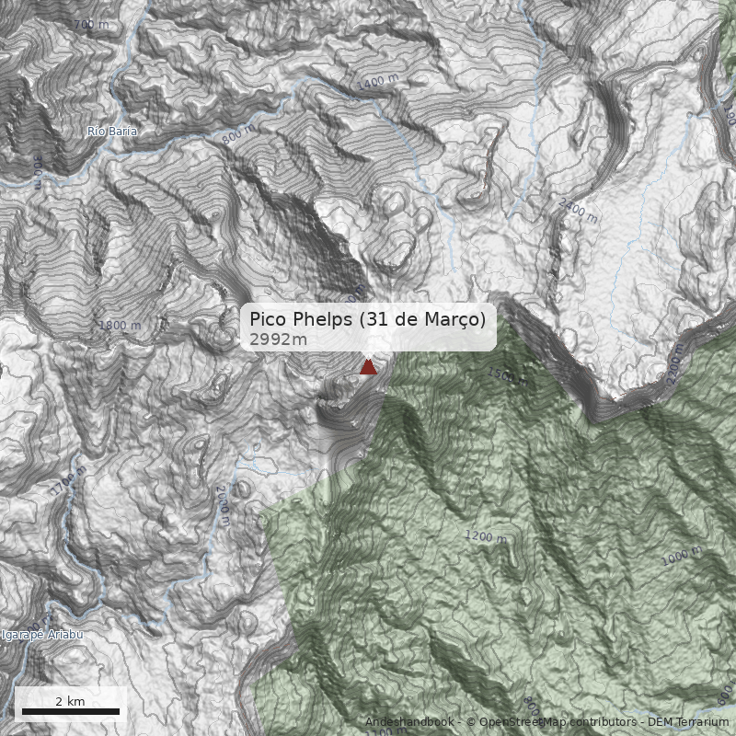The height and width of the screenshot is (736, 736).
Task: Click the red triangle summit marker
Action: (368, 367)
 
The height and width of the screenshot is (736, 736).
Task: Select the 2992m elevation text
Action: (278, 339)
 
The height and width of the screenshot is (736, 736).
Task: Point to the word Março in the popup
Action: (453, 319)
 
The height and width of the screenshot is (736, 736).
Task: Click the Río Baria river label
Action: (112, 132)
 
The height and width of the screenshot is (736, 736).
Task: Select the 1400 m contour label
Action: (379, 83)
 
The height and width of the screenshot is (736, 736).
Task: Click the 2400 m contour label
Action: (578, 210)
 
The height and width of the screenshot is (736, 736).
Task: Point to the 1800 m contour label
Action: (120, 325)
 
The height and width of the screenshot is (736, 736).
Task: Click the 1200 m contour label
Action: (485, 536)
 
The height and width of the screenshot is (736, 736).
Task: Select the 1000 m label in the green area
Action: (681, 555)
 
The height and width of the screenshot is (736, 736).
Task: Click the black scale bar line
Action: (71, 711)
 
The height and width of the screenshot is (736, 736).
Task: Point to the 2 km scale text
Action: (70, 701)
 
